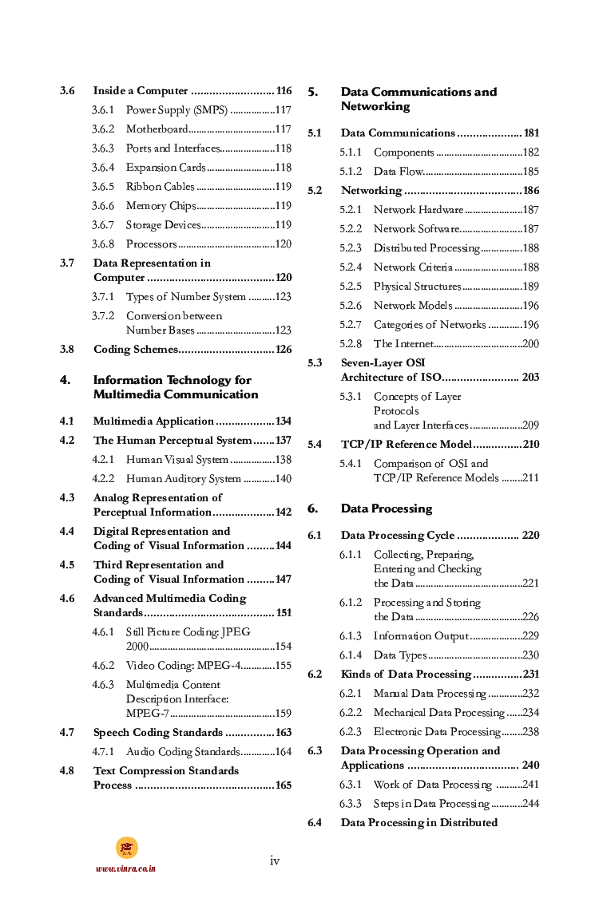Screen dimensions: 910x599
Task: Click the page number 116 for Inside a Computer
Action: pyautogui.click(x=284, y=91)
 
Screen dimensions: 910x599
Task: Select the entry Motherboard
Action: pyautogui.click(x=157, y=129)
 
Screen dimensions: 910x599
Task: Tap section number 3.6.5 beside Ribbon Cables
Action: pyautogui.click(x=102, y=187)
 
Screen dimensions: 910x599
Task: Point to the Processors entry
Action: pyautogui.click(x=151, y=244)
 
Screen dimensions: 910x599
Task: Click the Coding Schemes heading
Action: pyautogui.click(x=135, y=350)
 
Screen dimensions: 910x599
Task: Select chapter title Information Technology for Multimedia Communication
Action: pyautogui.click(x=176, y=387)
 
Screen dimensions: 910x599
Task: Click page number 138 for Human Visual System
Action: pyautogui.click(x=283, y=460)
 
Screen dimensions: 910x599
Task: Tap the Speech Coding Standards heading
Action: pyautogui.click(x=157, y=733)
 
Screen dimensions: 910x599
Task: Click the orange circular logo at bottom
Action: pyautogui.click(x=126, y=848)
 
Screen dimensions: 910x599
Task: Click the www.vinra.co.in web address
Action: pyautogui.click(x=125, y=868)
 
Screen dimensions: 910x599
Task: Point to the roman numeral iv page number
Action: pyautogui.click(x=275, y=861)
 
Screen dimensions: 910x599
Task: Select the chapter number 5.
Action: pyautogui.click(x=312, y=92)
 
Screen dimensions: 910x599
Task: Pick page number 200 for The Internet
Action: pyautogui.click(x=530, y=344)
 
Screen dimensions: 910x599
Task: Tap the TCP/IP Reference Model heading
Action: pyautogui.click(x=406, y=445)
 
